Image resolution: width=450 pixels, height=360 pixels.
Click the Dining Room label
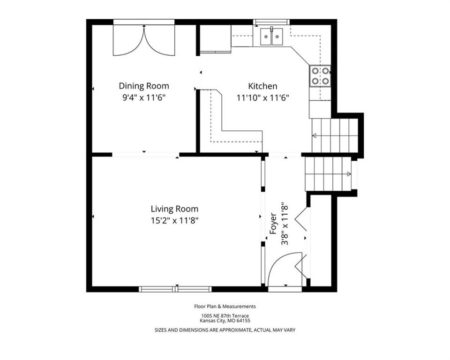click(x=144, y=86)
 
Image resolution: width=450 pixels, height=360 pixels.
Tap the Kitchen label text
click(x=262, y=86)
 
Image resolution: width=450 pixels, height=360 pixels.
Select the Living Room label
click(x=174, y=209)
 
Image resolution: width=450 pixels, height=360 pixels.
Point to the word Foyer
click(x=273, y=224)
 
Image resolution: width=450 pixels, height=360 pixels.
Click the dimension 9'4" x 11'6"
click(x=144, y=98)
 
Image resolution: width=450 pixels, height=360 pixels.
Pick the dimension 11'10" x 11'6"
click(x=262, y=98)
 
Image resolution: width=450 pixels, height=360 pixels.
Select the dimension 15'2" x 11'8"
click(x=174, y=220)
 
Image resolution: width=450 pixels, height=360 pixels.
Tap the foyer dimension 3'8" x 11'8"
click(x=285, y=224)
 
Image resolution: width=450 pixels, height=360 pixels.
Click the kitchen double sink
click(x=271, y=37)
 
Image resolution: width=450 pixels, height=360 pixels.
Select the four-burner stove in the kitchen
click(x=320, y=76)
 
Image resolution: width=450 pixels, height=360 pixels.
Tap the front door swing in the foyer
click(x=285, y=269)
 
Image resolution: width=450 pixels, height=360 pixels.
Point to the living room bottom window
click(x=175, y=289)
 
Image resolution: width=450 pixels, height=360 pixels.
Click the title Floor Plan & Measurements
click(x=225, y=306)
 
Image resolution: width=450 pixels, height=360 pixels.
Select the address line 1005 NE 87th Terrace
click(x=225, y=316)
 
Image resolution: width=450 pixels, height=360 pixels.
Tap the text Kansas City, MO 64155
click(x=225, y=321)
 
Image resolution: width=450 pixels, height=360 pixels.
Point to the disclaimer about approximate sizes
click(x=225, y=330)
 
